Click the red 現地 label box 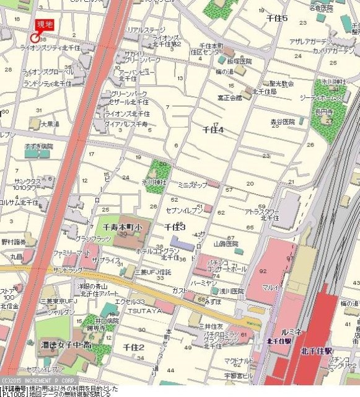pyautogui.click(x=45, y=24)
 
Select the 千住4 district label pyautogui.click(x=213, y=130)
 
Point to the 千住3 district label pyautogui.click(x=175, y=228)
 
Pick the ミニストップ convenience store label pyautogui.click(x=192, y=185)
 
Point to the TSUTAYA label pyautogui.click(x=146, y=310)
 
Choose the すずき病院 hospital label pyautogui.click(x=39, y=146)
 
